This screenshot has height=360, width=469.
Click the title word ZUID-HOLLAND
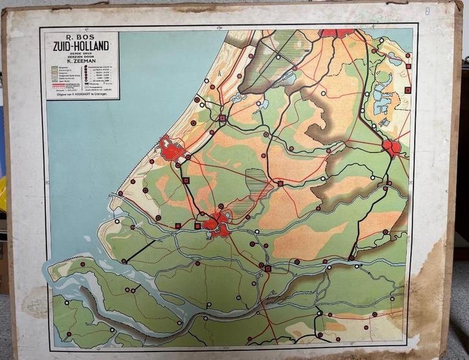click(x=81, y=45)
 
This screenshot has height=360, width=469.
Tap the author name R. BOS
click(x=81, y=36)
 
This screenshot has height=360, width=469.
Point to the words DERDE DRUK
click(x=81, y=52)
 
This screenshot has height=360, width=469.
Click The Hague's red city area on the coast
click(x=172, y=150)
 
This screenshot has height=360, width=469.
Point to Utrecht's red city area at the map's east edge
click(x=391, y=148)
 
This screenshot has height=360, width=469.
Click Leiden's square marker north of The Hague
click(x=222, y=118)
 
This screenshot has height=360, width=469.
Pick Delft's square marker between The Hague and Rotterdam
click(x=185, y=181)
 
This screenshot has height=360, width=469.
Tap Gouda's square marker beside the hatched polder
click(x=280, y=184)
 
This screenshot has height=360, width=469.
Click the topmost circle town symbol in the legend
click(x=87, y=66)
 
